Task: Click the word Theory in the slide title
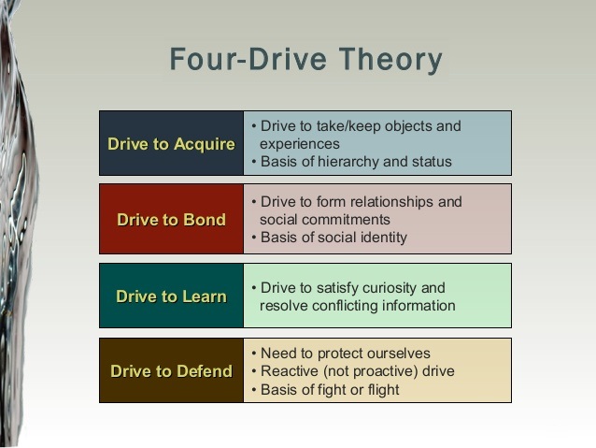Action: pos(390,60)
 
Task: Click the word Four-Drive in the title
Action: pos(248,59)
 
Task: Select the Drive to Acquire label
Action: pos(172,144)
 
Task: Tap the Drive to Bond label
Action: pos(172,220)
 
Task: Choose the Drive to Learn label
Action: pos(172,296)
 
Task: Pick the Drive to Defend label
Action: pos(172,371)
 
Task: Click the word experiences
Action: pos(300,144)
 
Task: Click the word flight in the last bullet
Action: pos(383,390)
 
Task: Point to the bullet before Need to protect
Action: pos(254,354)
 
